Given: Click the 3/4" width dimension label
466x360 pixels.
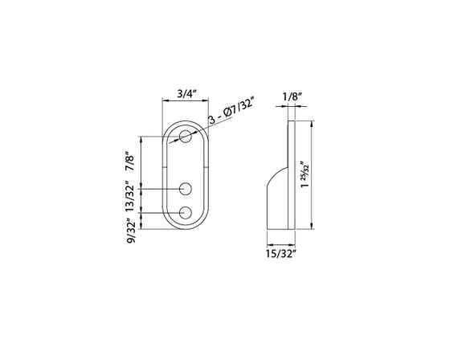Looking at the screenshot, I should click(x=186, y=94).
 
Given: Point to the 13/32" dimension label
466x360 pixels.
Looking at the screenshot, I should click(x=128, y=198).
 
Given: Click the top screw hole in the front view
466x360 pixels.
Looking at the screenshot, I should click(x=186, y=136).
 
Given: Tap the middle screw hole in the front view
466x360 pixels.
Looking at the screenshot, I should click(x=186, y=189).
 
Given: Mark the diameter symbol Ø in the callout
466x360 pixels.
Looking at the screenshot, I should click(x=224, y=121).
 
